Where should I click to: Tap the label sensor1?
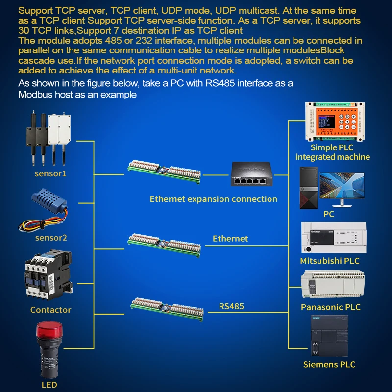(x=50, y=173)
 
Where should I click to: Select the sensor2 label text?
(x=51, y=238)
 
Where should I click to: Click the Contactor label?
(x=50, y=310)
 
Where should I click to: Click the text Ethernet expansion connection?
(x=213, y=199)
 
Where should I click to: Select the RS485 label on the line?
(x=231, y=307)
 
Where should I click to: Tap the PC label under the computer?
(x=329, y=214)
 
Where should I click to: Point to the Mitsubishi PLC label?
(x=330, y=261)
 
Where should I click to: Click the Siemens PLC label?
(x=329, y=364)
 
